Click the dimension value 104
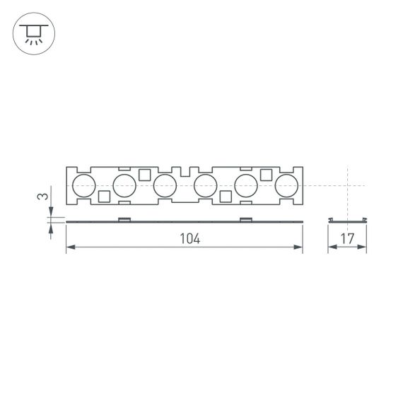click(x=189, y=239)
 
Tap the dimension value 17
click(x=347, y=239)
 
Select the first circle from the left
click(x=83, y=186)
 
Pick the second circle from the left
click(x=124, y=186)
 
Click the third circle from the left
click(x=165, y=186)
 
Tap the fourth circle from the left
click(x=205, y=186)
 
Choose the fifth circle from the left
click(x=246, y=186)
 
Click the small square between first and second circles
click(x=104, y=197)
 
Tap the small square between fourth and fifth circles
click(x=226, y=197)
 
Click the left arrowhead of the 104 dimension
click(x=69, y=247)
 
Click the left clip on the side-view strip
click(x=124, y=219)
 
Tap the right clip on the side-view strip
click(x=246, y=219)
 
